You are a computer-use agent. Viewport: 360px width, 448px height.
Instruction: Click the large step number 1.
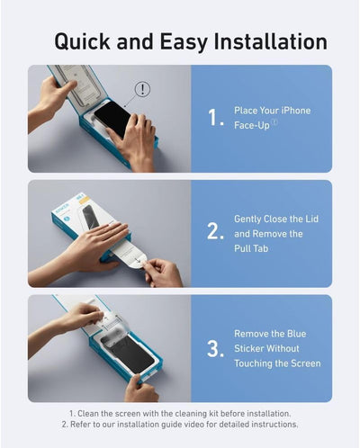pyautogui.click(x=215, y=118)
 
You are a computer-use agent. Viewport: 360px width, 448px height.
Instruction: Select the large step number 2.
pyautogui.click(x=215, y=232)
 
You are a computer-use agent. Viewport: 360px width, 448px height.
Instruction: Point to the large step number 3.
pyautogui.click(x=215, y=348)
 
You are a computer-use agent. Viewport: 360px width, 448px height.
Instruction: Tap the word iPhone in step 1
pyautogui.click(x=292, y=111)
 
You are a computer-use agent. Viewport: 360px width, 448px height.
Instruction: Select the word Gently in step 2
pyautogui.click(x=249, y=219)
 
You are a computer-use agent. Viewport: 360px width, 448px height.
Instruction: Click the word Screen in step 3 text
pyautogui.click(x=303, y=364)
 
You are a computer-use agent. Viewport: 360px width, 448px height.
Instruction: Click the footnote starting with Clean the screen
pyautogui.click(x=180, y=412)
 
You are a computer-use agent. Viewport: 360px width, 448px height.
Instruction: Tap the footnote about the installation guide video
pyautogui.click(x=180, y=424)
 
